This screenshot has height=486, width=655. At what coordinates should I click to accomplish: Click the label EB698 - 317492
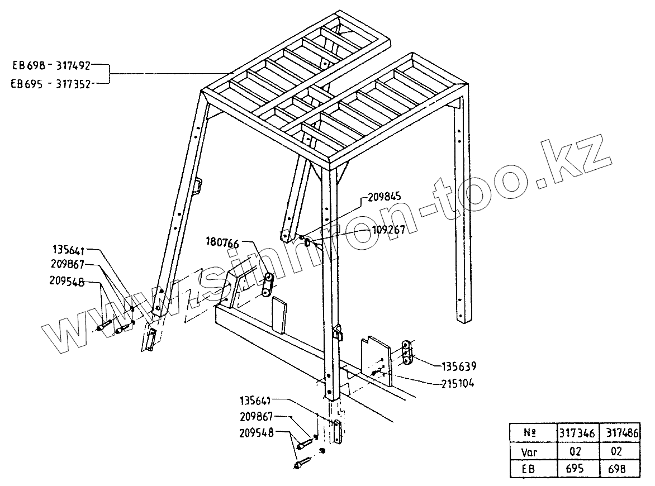point(51,65)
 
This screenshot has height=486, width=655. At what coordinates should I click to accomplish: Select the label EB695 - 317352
point(51,83)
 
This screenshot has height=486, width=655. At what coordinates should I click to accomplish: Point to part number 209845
point(384,197)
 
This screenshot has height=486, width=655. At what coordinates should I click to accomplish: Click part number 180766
point(222,243)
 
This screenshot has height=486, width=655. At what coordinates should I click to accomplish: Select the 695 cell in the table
point(578,469)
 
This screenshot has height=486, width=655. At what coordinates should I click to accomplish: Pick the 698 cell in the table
point(619,469)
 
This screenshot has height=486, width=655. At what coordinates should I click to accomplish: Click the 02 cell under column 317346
point(578,451)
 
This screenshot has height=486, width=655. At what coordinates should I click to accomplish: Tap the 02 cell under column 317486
point(619,451)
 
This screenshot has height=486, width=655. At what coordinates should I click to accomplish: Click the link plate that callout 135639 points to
point(407,353)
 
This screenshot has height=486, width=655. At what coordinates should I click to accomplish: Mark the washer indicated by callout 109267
point(310,243)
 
